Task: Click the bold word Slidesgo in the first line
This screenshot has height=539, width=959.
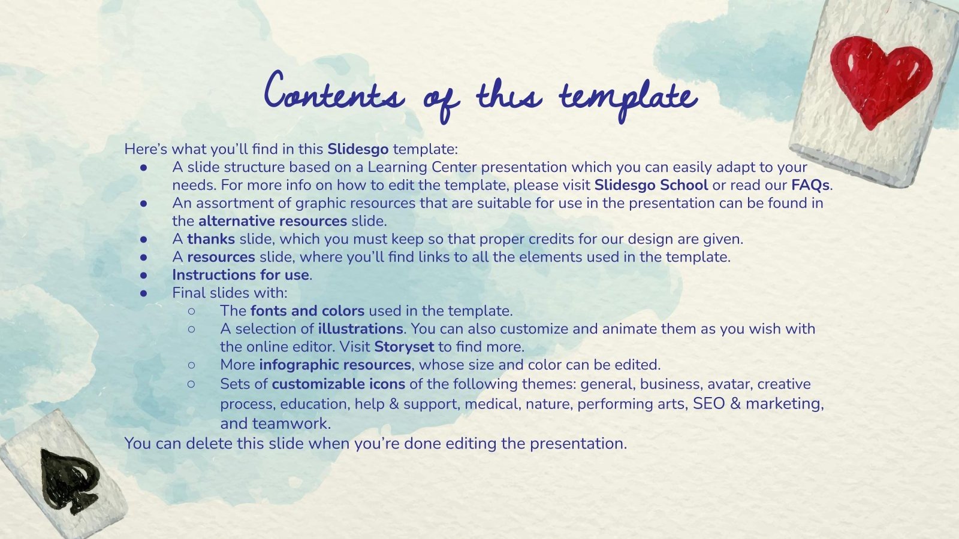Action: (358, 149)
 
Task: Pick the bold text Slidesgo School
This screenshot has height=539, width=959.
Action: (651, 185)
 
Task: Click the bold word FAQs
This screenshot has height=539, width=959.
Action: (810, 185)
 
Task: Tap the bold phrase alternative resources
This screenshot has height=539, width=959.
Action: (273, 221)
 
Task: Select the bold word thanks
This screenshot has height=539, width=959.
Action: (211, 239)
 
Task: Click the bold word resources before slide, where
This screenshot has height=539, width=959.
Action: (221, 257)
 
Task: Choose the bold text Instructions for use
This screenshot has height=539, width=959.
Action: (240, 275)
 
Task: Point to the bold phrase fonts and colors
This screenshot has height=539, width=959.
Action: (307, 311)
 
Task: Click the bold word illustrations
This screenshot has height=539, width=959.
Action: (360, 329)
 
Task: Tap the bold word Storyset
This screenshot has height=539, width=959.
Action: (404, 347)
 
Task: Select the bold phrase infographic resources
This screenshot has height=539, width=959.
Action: (335, 365)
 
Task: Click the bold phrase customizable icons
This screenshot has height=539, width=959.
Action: (338, 384)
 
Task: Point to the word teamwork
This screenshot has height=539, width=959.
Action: (291, 423)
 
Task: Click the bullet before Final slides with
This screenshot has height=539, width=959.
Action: (143, 293)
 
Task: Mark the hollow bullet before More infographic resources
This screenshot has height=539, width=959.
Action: (191, 365)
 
